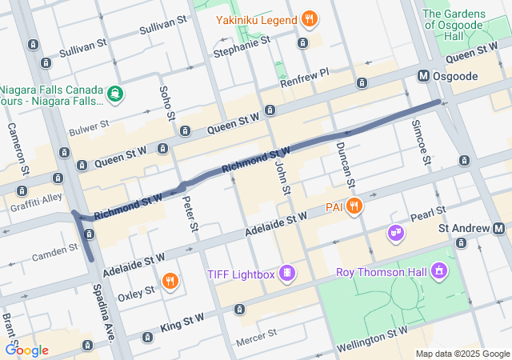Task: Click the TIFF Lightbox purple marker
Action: click(x=286, y=274)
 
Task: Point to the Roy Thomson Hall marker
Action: click(x=438, y=272)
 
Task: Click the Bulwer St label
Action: click(x=88, y=126)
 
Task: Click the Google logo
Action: click(x=26, y=350)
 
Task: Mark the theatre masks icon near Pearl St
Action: click(x=395, y=233)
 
